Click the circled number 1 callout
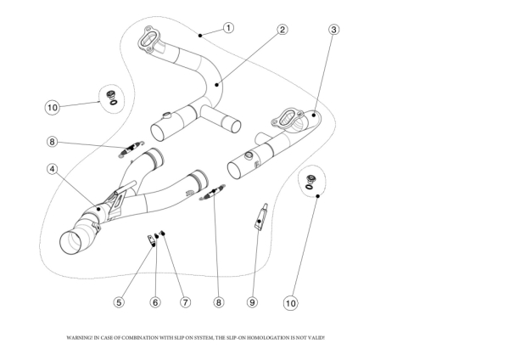tap(228, 27)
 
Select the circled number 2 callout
tap(282, 29)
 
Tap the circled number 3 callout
tap(334, 29)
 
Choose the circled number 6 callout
tap(155, 301)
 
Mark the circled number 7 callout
tap(184, 301)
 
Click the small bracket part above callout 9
tap(261, 215)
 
